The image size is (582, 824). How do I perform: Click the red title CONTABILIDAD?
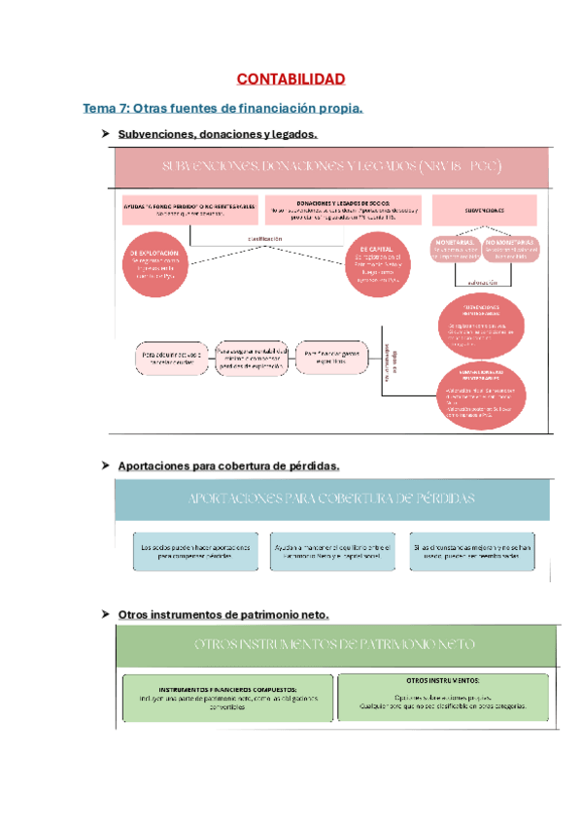tap(291, 78)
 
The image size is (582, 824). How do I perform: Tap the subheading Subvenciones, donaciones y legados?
tap(217, 133)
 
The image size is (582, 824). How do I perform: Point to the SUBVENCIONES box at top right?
tap(484, 209)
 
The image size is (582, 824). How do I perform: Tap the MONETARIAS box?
tap(456, 249)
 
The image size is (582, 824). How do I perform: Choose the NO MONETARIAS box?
tap(512, 249)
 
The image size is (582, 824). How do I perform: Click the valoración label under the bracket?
tap(483, 282)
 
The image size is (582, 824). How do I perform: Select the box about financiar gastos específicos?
tap(332, 358)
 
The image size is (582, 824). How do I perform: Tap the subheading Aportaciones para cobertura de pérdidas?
tap(228, 466)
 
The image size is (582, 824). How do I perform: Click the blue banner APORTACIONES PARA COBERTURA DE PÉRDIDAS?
tap(332, 498)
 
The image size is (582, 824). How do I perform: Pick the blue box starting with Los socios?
tap(195, 551)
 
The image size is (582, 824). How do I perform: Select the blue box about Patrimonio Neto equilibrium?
tap(332, 551)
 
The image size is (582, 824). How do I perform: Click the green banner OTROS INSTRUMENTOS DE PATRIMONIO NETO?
tap(334, 644)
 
